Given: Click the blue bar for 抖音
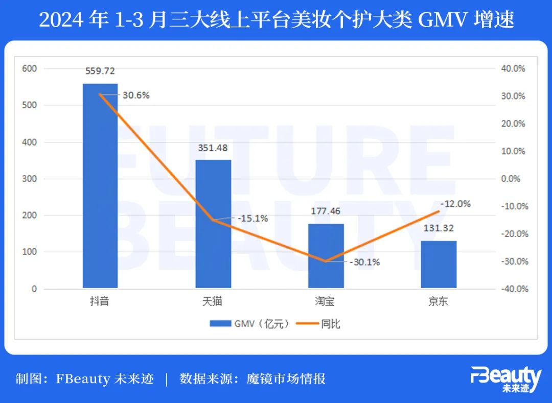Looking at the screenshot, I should tap(100, 186).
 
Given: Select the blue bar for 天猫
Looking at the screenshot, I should tap(213, 225).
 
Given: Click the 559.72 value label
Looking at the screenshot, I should tap(100, 71).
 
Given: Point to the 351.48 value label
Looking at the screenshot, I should tap(213, 148).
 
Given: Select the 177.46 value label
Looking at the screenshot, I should tap(326, 211).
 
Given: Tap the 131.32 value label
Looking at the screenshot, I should tap(439, 228).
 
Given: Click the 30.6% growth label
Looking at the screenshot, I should tap(135, 95).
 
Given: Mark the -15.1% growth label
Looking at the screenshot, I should tap(252, 218).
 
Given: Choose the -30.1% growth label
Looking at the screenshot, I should tap(364, 262).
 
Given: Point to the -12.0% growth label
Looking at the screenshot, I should tap(455, 203).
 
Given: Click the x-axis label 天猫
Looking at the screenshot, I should tap(213, 301).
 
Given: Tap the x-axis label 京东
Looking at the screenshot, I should tap(438, 301).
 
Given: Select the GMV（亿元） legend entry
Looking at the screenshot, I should tap(250, 323).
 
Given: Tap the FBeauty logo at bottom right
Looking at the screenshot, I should tap(505, 379).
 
